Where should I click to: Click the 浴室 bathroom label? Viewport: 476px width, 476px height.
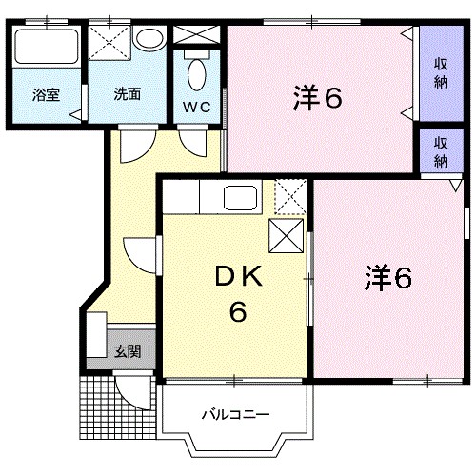tap(46, 94)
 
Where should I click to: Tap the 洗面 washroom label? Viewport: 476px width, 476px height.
tap(127, 94)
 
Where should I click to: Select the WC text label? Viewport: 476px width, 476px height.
tap(196, 106)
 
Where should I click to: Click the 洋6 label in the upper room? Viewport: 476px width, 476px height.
tap(316, 97)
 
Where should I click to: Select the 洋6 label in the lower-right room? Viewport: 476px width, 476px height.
tap(387, 278)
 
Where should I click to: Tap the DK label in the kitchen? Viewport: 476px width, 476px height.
tap(236, 277)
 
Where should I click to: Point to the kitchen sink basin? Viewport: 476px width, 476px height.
tap(239, 199)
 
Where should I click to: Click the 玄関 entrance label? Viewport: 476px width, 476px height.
tap(129, 351)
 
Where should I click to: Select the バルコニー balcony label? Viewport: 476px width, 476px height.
tap(235, 415)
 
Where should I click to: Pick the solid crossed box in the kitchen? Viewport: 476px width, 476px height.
tap(288, 234)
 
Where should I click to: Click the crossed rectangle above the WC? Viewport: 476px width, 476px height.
tap(197, 35)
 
